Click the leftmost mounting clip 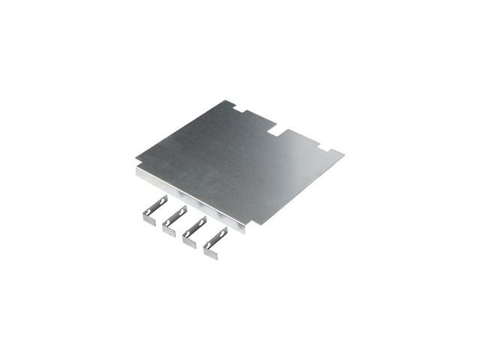click(153, 209)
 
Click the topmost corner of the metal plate click(226, 100)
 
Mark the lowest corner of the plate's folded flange click(243, 232)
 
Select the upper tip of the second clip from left click(185, 207)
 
